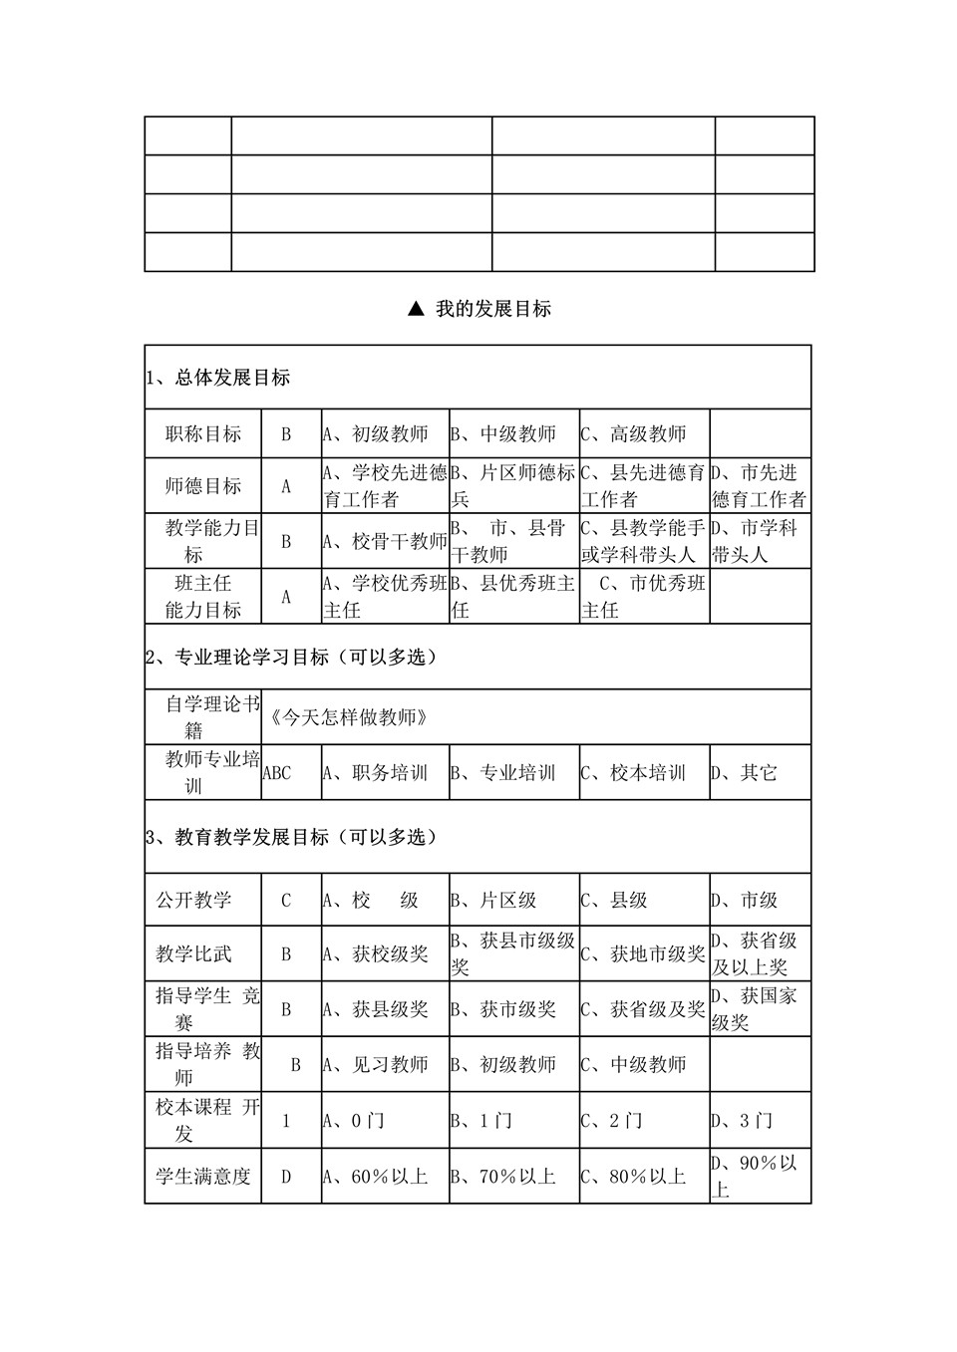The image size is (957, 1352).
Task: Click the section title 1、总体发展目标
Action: [217, 378]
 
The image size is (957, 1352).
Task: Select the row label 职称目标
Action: [203, 434]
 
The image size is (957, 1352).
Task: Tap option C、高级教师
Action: [634, 434]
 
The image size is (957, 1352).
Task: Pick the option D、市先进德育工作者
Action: [759, 486]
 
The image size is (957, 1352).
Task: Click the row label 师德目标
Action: [203, 486]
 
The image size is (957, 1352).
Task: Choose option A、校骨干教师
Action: [385, 541]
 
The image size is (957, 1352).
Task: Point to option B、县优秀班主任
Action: [513, 596]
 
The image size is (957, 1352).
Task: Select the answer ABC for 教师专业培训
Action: [277, 773]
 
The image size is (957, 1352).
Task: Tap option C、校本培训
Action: [634, 773]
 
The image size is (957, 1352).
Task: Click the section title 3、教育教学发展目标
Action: [291, 837]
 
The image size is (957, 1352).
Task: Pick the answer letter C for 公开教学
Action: [286, 901]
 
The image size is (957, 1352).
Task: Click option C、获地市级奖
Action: [643, 954]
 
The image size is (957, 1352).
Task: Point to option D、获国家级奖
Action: [759, 1008]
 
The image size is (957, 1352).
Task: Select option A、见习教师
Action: [376, 1065]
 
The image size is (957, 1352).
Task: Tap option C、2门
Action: [612, 1121]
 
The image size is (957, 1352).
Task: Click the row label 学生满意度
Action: [203, 1177]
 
